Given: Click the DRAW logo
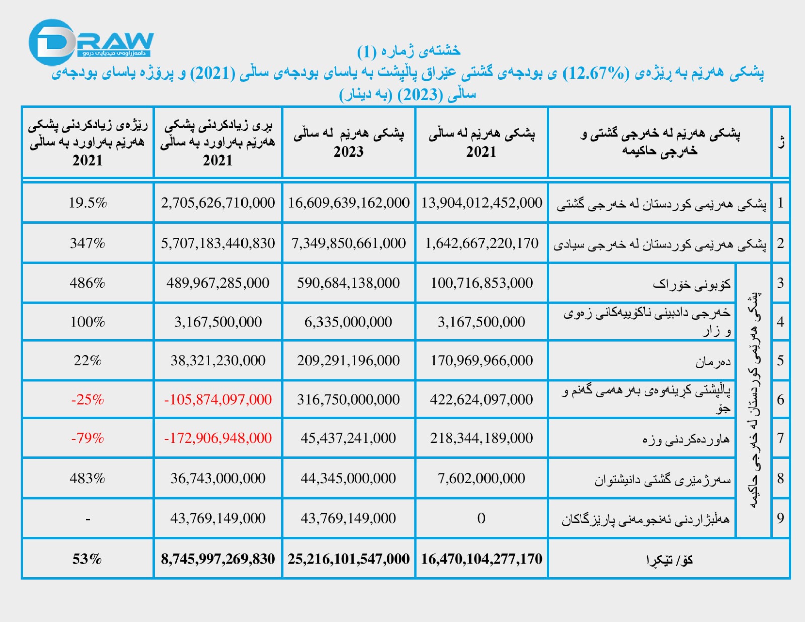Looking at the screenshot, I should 91,42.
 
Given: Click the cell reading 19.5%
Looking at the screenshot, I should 88,203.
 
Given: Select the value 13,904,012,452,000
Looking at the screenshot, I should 481,203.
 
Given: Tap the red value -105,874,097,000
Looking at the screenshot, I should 217,400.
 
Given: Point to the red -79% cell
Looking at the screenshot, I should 88,438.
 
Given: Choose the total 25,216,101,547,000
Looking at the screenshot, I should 348,559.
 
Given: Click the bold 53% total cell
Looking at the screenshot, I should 87,559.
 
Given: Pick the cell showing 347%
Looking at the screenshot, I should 88,243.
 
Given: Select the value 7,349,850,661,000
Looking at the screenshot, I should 348,243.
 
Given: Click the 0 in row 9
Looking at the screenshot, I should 481,518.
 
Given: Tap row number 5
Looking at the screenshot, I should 780,360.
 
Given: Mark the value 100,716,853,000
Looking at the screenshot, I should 481,283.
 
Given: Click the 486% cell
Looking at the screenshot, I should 88,283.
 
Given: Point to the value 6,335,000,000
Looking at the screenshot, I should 348,322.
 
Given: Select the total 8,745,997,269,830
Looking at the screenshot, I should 217,559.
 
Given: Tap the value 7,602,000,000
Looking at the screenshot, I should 481,478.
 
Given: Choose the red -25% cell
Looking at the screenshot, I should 88,400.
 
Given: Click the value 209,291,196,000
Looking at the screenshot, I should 348,360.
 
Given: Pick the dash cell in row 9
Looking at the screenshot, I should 88,518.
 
